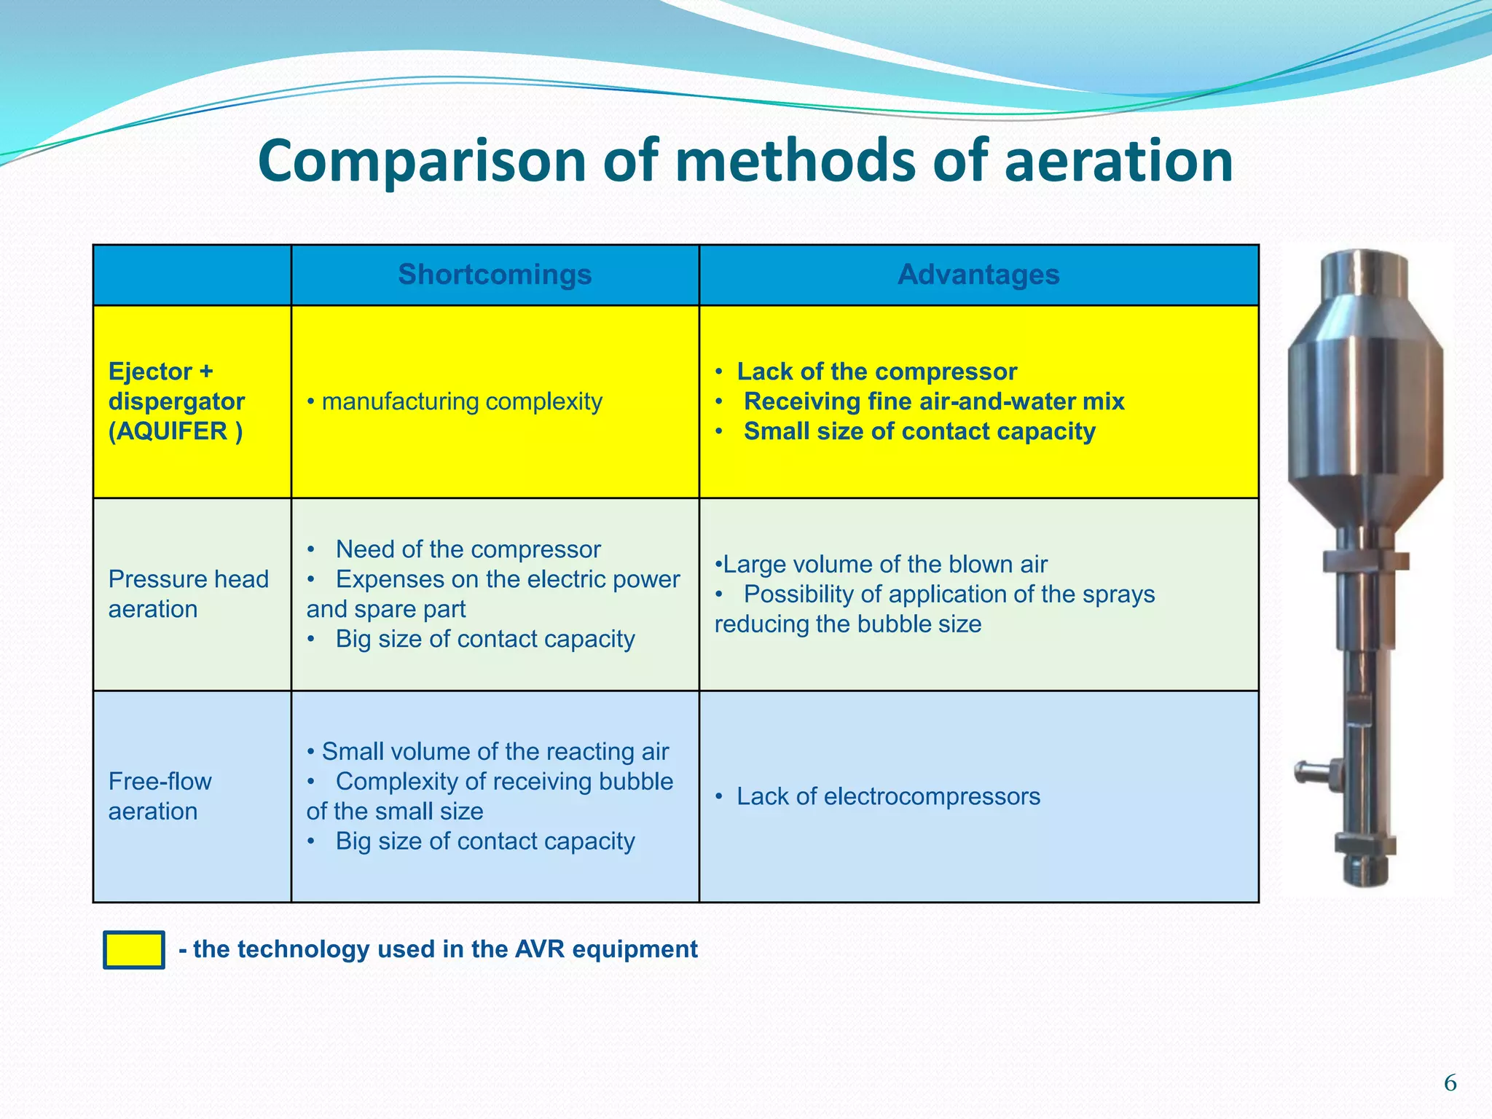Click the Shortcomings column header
click(x=495, y=275)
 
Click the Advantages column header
click(x=978, y=275)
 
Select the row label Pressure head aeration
click(x=189, y=594)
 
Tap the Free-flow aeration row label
click(x=160, y=796)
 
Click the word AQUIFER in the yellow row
click(x=168, y=431)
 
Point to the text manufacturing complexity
click(x=462, y=401)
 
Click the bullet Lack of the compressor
click(x=876, y=372)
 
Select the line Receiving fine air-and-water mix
click(x=933, y=401)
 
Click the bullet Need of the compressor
click(x=468, y=549)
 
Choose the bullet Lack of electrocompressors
click(x=887, y=796)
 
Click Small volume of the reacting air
click(x=495, y=752)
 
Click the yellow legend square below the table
click(x=134, y=950)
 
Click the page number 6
click(x=1450, y=1083)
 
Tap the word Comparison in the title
click(x=422, y=161)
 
